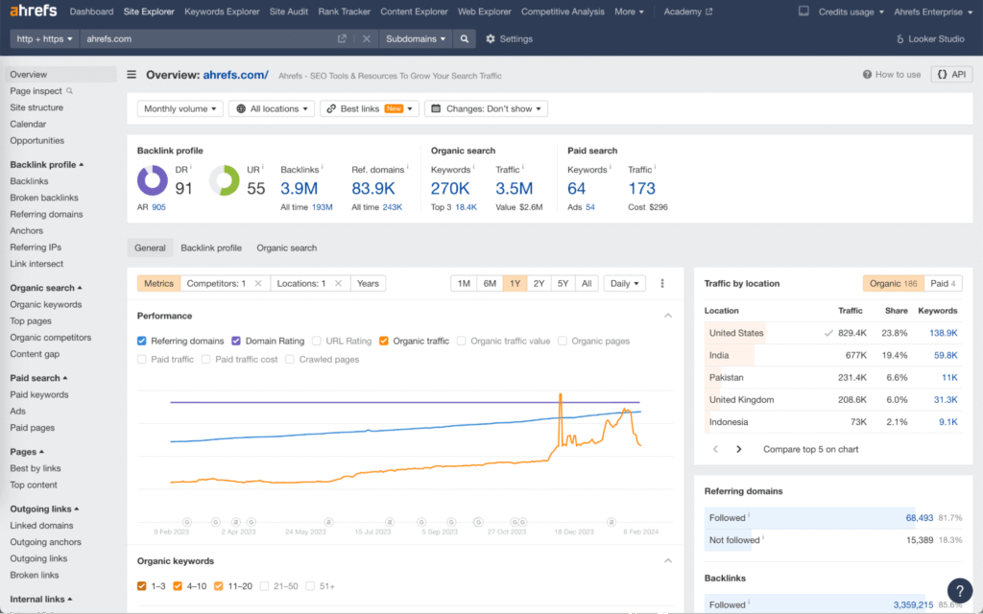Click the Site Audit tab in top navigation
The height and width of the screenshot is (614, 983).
click(289, 12)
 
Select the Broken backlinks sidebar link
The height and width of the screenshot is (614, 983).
click(44, 198)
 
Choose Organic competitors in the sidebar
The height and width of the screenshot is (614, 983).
click(51, 338)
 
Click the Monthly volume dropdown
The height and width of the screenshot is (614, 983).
click(180, 109)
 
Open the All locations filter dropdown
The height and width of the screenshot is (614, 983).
click(274, 109)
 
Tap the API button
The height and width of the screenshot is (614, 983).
click(951, 74)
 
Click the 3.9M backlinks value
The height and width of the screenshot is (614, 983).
click(299, 188)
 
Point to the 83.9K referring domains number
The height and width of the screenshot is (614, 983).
click(373, 188)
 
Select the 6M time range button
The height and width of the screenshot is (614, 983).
click(490, 283)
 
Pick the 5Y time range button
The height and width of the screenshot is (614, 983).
click(563, 283)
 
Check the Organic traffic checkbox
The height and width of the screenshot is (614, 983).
click(384, 341)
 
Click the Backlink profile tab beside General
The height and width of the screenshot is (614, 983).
click(211, 248)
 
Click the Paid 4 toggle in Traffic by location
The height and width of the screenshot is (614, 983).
click(943, 284)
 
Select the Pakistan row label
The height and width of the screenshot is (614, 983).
click(727, 378)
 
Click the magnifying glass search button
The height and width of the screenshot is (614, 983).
click(465, 39)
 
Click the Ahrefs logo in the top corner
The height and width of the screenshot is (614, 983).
click(34, 12)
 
